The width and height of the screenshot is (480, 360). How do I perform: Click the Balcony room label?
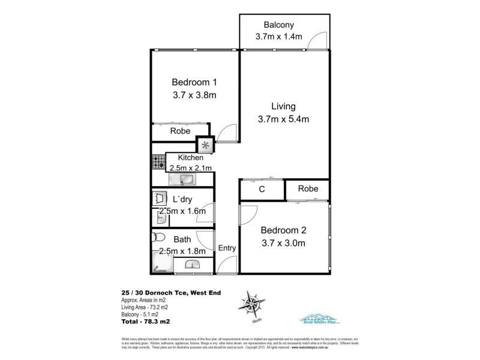click(278, 25)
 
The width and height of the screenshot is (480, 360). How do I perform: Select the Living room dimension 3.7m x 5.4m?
click(283, 119)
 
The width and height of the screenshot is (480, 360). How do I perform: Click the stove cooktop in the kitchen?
click(158, 161)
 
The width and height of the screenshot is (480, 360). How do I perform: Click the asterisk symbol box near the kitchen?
click(206, 145)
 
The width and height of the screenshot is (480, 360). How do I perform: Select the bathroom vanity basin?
click(193, 264)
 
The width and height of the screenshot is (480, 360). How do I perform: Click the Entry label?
click(227, 248)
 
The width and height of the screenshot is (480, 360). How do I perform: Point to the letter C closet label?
click(262, 190)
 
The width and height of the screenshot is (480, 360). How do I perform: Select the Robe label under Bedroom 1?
click(180, 131)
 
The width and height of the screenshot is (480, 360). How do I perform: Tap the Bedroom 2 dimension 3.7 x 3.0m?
click(283, 243)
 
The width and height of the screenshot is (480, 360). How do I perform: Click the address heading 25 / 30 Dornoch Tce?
click(153, 293)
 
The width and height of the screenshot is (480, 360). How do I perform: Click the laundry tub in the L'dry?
click(160, 198)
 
